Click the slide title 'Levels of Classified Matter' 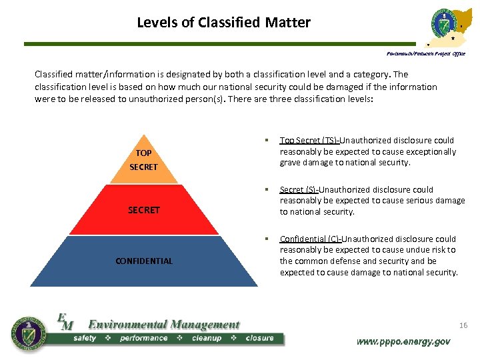(223, 22)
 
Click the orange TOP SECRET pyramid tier (143, 160)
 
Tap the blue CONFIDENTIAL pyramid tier (144, 261)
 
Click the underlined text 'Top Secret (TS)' (309, 140)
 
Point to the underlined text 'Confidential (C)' (311, 239)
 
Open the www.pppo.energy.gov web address (403, 341)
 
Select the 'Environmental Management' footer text (163, 325)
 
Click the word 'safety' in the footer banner (85, 339)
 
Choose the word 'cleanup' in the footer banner (207, 339)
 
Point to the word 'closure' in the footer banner (259, 339)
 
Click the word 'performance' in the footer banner (143, 339)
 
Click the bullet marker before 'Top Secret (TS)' (265, 140)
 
